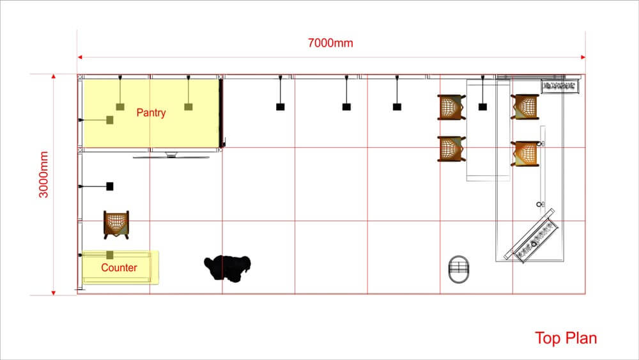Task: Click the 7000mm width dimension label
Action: pyautogui.click(x=330, y=43)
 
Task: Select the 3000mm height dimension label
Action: pyautogui.click(x=43, y=175)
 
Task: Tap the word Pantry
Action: pyautogui.click(x=151, y=113)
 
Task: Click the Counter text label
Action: pyautogui.click(x=119, y=267)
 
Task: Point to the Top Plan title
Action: pyautogui.click(x=566, y=338)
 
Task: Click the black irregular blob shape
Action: pyautogui.click(x=227, y=269)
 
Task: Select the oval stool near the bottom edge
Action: pyautogui.click(x=458, y=269)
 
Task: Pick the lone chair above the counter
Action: pyautogui.click(x=116, y=224)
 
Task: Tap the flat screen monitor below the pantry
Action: pyautogui.click(x=171, y=155)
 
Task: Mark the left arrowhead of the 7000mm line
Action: pyautogui.click(x=80, y=57)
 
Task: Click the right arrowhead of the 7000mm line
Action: pyautogui.click(x=583, y=57)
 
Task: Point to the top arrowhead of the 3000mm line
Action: pyautogui.click(x=54, y=77)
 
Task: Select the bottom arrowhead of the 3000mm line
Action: pyautogui.click(x=54, y=292)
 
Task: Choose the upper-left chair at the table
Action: pyautogui.click(x=451, y=107)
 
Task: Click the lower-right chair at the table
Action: pyautogui.click(x=525, y=153)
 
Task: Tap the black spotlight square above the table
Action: pyautogui.click(x=482, y=107)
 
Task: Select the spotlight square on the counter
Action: pyautogui.click(x=110, y=255)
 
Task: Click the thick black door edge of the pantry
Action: pyautogui.click(x=221, y=113)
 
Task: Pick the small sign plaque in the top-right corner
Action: pyautogui.click(x=560, y=86)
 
